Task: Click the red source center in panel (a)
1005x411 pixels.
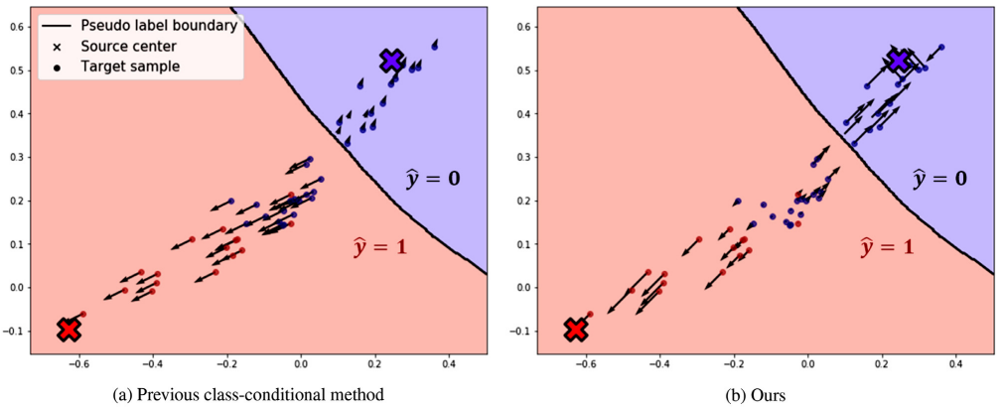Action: (69, 329)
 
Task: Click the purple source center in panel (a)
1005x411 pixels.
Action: (391, 61)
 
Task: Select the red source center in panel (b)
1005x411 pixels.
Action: (576, 329)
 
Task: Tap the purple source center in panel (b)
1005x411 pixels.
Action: (899, 62)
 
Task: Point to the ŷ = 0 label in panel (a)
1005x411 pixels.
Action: (433, 180)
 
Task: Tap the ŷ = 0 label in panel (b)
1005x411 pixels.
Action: (940, 180)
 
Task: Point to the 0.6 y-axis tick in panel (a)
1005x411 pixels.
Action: (18, 27)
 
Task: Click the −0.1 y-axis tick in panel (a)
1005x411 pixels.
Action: (15, 331)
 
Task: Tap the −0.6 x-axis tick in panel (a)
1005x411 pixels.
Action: (77, 363)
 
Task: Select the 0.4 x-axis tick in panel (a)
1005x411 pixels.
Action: (449, 363)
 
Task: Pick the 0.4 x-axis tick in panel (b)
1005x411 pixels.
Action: (956, 363)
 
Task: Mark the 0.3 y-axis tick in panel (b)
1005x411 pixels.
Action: (525, 157)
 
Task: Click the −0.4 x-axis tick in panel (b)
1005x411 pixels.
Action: (658, 363)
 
